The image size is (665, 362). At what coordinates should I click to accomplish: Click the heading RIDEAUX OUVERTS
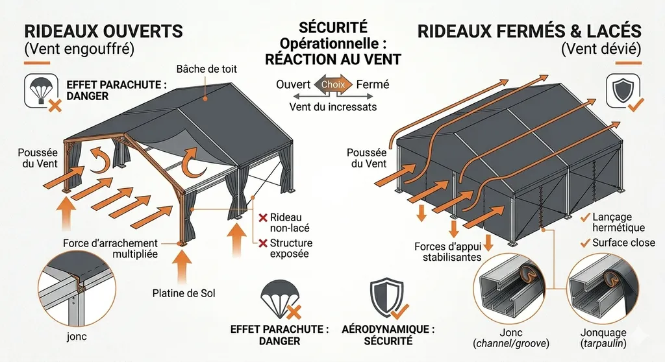coord(103,31)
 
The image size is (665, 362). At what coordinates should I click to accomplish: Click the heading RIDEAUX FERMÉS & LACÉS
coord(529,31)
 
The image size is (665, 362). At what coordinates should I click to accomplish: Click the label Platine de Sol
coord(185,293)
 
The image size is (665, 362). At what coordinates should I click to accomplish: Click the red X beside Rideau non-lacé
coord(263,217)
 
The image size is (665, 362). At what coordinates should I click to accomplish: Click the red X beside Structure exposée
coord(263,243)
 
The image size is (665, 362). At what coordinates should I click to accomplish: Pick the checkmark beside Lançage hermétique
coord(587,216)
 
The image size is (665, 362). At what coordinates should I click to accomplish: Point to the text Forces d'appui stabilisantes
coord(448,252)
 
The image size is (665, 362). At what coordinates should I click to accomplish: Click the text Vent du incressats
coord(332,106)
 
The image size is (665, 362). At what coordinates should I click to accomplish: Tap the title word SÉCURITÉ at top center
coord(332,29)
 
